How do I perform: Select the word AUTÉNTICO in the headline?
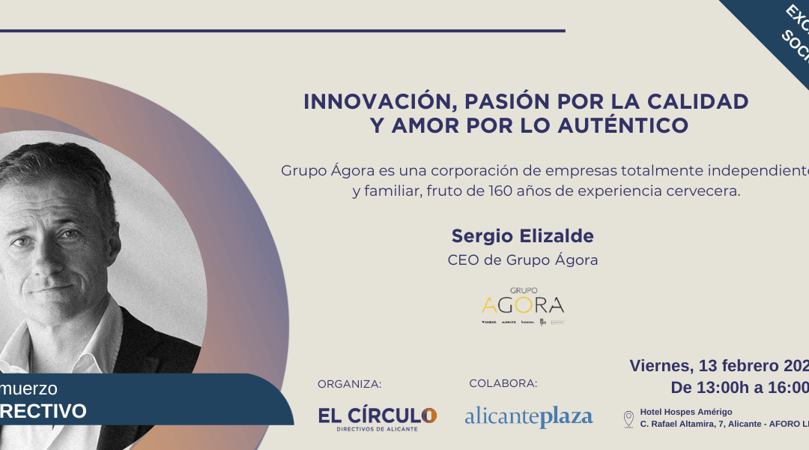633,125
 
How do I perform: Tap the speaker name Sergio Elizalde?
522,236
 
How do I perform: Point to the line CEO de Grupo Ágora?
523,260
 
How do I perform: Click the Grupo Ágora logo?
523,304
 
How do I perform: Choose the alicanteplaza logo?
528,416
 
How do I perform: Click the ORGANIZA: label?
349,384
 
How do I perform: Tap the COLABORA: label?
503,383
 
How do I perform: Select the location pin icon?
628,418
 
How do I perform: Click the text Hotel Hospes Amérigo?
685,412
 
